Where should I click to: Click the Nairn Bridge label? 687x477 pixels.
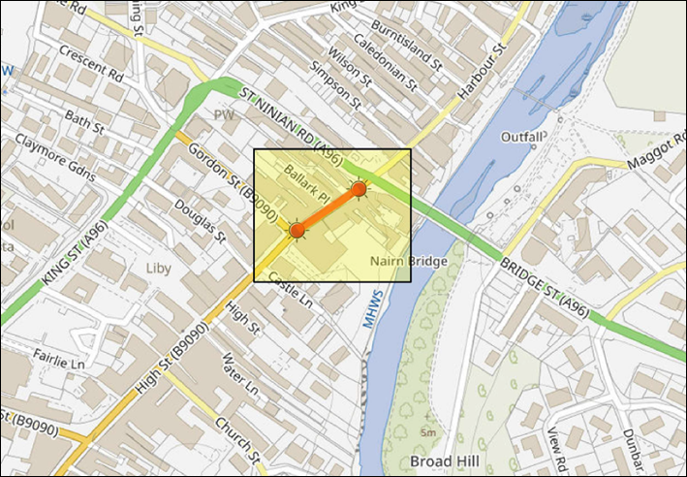click(409, 262)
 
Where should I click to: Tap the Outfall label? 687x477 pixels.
click(522, 137)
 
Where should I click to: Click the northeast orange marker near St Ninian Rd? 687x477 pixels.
click(359, 189)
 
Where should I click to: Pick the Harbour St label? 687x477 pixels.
click(483, 72)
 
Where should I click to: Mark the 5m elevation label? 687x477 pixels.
click(427, 430)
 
